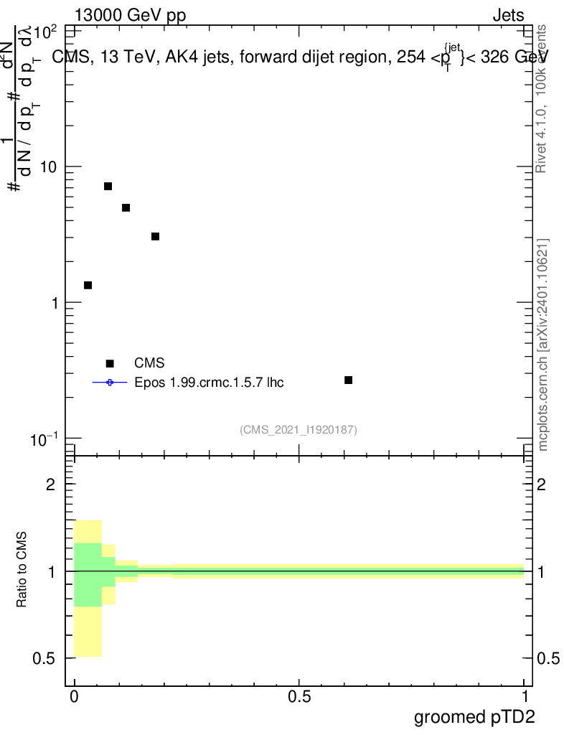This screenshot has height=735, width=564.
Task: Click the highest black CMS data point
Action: pyautogui.click(x=108, y=186)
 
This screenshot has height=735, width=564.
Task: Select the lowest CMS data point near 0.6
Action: pyautogui.click(x=348, y=380)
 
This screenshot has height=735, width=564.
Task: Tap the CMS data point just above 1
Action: pyautogui.click(x=88, y=285)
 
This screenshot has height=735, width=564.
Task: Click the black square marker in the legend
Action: pyautogui.click(x=110, y=363)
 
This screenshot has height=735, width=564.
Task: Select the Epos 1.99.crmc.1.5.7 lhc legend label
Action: pyautogui.click(x=209, y=382)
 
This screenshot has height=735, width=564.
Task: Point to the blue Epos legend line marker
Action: pyautogui.click(x=110, y=382)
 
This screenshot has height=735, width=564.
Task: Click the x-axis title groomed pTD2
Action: pyautogui.click(x=474, y=716)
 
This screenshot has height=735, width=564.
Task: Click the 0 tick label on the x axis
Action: pyautogui.click(x=75, y=696)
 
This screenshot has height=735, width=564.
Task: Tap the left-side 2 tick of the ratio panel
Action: pyautogui.click(x=51, y=484)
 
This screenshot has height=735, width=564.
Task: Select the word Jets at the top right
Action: pyautogui.click(x=508, y=15)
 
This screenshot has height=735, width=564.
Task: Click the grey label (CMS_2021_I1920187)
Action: pyautogui.click(x=299, y=429)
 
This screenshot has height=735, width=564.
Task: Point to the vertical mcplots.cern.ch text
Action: pyautogui.click(x=543, y=345)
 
